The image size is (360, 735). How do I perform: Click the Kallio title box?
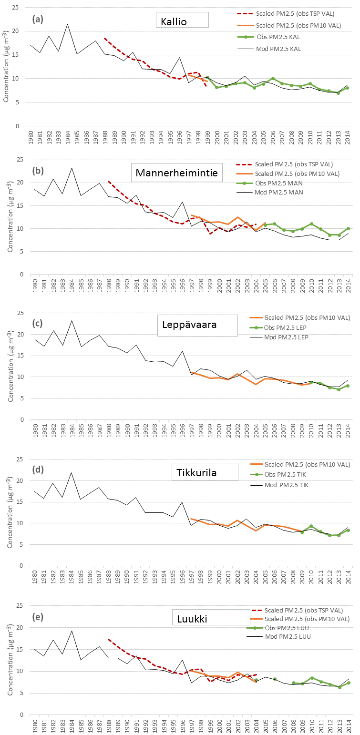[183, 20]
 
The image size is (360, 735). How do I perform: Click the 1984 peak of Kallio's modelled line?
[67, 24]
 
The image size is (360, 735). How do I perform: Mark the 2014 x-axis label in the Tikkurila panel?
[348, 577]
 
